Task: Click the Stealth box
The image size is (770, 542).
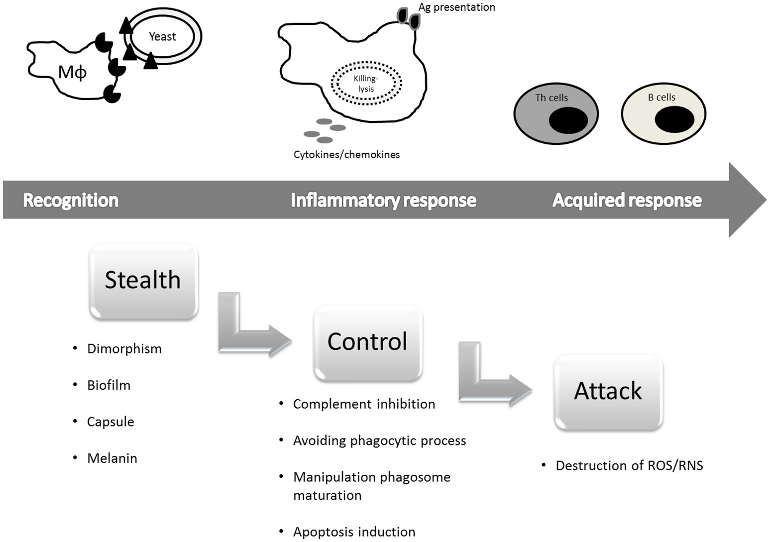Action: [x=143, y=281]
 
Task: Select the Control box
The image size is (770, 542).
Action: [x=367, y=342]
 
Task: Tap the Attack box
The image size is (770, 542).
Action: [x=608, y=392]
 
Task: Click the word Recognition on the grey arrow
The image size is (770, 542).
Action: [x=71, y=200]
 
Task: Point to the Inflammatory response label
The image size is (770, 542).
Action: [x=383, y=200]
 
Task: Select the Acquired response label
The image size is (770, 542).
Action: [x=627, y=200]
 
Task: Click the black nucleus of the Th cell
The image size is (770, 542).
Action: [x=568, y=120]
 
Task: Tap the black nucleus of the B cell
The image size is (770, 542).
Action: [x=674, y=120]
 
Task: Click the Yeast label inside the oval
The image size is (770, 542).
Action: [x=162, y=37]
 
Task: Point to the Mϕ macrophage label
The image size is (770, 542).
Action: [x=72, y=73]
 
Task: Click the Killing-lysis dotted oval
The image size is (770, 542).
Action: [x=366, y=84]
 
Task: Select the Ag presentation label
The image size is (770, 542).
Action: [x=456, y=7]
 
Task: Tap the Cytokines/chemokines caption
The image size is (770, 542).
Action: [x=346, y=155]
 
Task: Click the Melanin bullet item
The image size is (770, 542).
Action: [x=112, y=458]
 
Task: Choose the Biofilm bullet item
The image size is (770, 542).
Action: [x=109, y=385]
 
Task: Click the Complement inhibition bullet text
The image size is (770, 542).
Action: [x=364, y=404]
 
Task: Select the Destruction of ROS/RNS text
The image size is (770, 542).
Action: [x=629, y=466]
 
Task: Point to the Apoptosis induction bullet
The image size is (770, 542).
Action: [x=354, y=532]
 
